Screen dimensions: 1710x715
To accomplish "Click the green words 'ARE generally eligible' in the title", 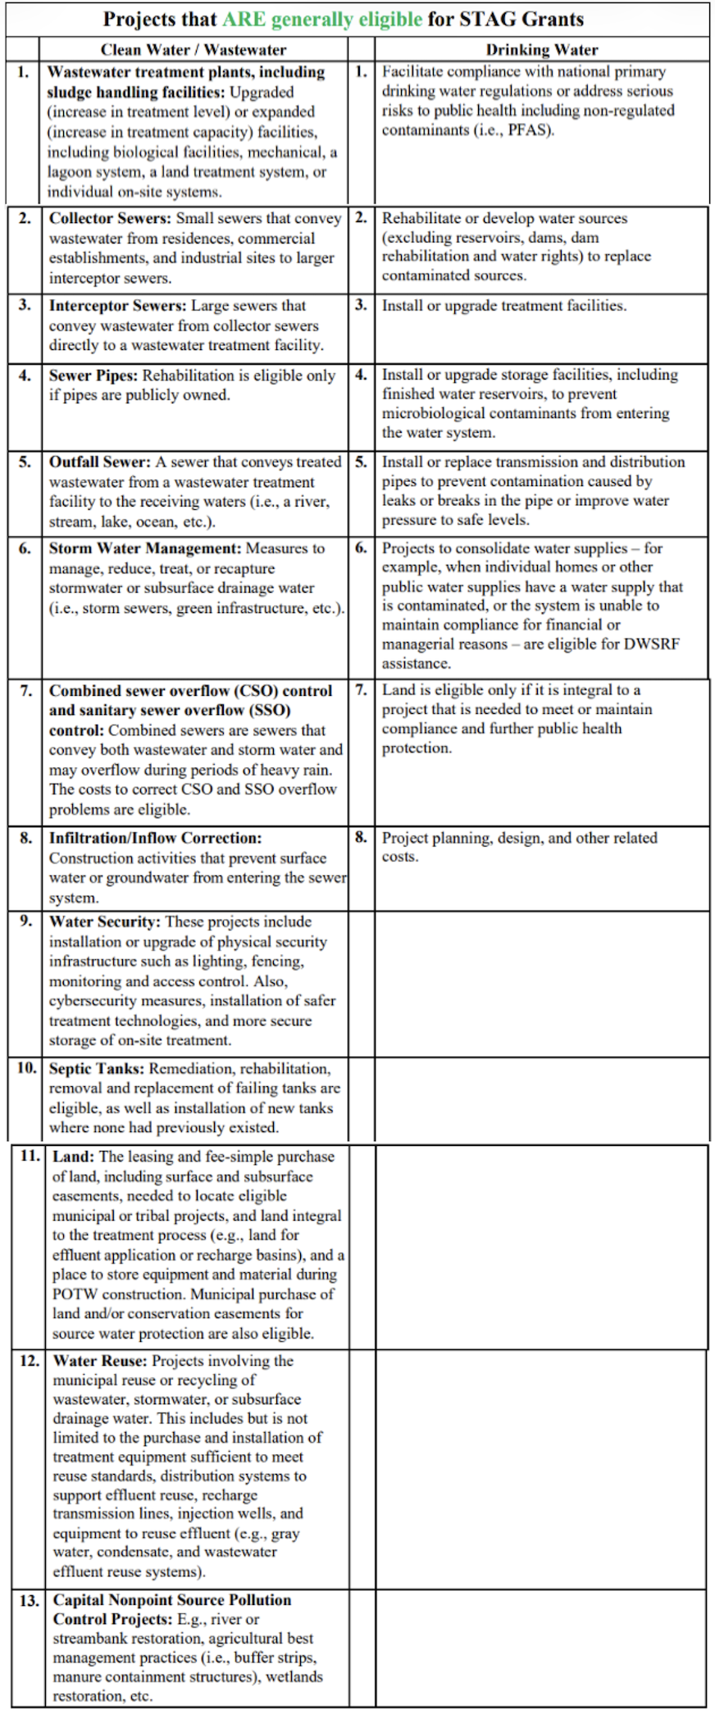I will click(x=322, y=19).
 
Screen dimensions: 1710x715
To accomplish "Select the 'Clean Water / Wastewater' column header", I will click(x=194, y=50).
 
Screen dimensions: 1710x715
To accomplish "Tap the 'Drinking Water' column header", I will click(x=542, y=50).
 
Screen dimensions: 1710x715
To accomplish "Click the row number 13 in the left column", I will click(x=30, y=1600).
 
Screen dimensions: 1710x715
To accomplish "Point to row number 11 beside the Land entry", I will click(x=30, y=1156).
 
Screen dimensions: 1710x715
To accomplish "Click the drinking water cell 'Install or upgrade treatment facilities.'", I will click(x=503, y=306).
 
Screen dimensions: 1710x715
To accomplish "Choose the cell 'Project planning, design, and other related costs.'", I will click(x=519, y=847).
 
